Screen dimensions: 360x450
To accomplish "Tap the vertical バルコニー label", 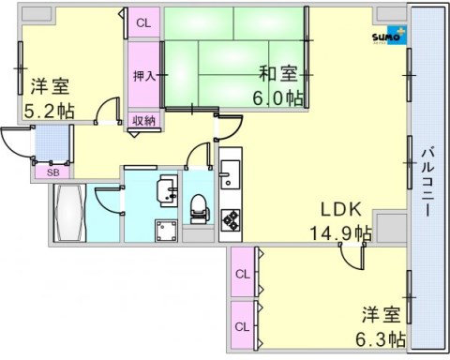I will (x=427, y=181).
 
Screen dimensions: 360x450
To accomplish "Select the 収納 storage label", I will (x=143, y=119).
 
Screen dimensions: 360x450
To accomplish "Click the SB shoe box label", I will (x=51, y=171).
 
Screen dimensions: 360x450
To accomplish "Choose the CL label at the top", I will (x=143, y=22).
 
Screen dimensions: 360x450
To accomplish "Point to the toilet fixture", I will (x=199, y=206).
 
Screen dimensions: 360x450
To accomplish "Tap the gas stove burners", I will (x=231, y=219).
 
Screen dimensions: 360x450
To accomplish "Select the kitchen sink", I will (x=231, y=175).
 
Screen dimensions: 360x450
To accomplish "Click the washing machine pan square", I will (x=167, y=230).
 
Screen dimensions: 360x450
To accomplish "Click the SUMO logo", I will (x=387, y=37).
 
